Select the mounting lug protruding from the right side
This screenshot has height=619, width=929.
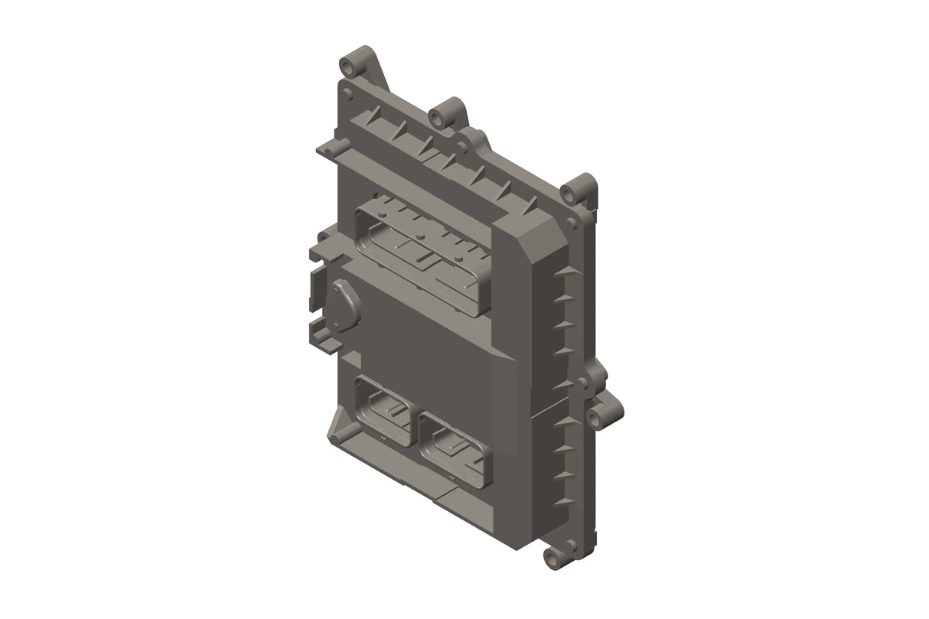click(597, 415)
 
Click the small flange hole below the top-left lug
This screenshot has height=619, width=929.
click(347, 94)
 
